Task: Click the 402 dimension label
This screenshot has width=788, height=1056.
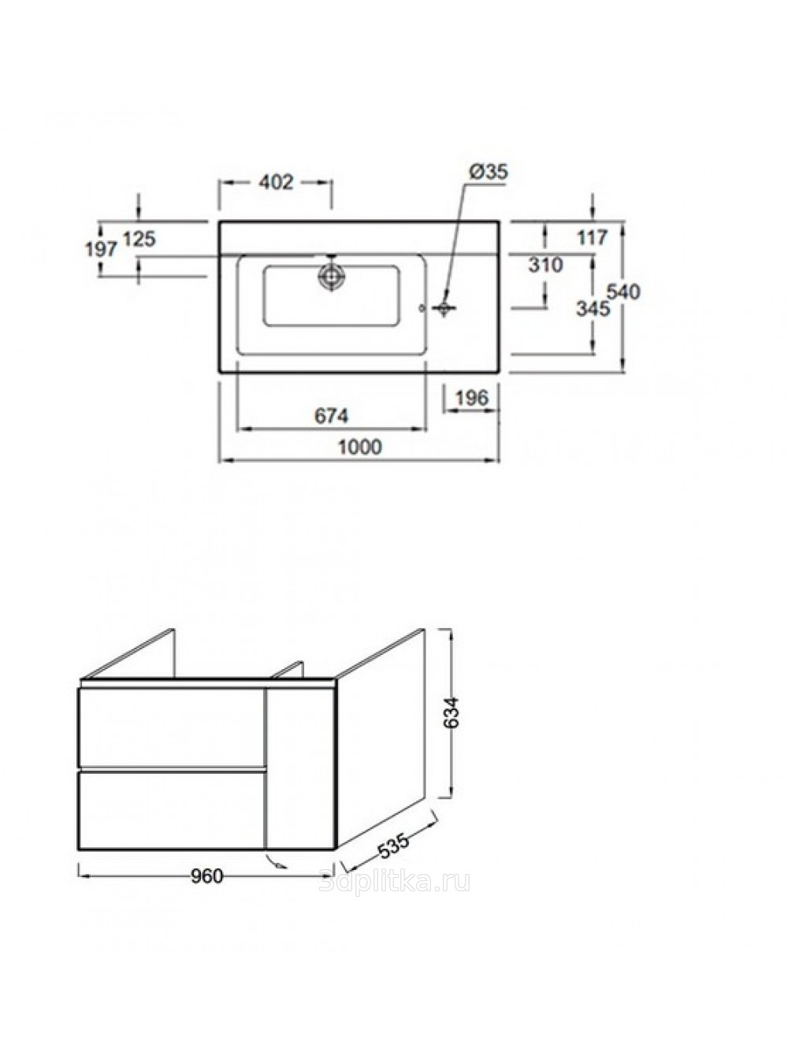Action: click(x=276, y=182)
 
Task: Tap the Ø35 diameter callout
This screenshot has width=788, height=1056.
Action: click(x=489, y=171)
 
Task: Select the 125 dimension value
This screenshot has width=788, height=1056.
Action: click(x=139, y=239)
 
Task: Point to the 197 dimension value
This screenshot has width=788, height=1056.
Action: click(x=101, y=249)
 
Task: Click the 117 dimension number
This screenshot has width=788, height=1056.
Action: click(x=593, y=237)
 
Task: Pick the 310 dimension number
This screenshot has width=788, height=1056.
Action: click(x=545, y=265)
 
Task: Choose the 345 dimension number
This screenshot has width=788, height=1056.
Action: click(x=593, y=309)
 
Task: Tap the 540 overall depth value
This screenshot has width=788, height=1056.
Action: click(x=623, y=292)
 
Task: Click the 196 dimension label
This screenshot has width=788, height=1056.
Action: click(x=471, y=397)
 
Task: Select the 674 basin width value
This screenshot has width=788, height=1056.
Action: click(x=332, y=416)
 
